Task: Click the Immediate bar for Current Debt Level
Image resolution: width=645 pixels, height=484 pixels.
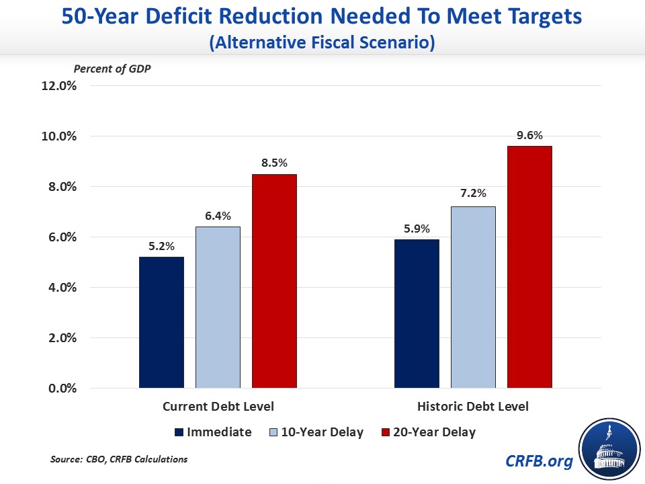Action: (161, 323)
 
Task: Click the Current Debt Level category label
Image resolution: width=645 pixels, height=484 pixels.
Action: (218, 407)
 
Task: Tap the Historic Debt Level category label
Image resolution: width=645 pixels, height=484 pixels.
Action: (473, 407)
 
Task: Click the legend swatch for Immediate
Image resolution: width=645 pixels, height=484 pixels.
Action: (179, 432)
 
